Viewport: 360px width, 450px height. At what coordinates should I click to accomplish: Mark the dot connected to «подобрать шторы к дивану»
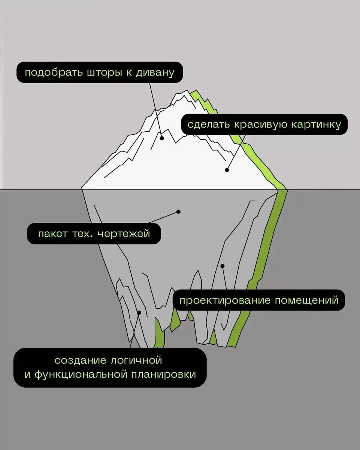tap(162, 138)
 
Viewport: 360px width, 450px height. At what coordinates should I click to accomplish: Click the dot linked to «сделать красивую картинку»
tap(227, 170)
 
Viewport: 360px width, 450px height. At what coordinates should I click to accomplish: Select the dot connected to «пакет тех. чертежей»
tap(179, 212)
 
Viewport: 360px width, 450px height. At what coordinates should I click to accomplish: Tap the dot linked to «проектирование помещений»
tap(222, 266)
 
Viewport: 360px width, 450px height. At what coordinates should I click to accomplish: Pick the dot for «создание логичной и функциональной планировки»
tap(139, 312)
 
